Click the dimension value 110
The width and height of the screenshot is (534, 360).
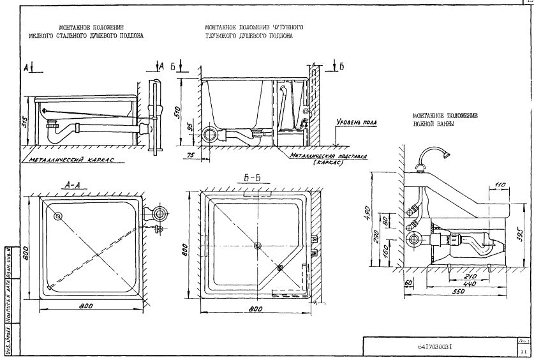coord(500,184)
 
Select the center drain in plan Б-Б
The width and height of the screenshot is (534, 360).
coord(257,245)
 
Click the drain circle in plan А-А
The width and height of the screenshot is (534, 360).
coord(59,216)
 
